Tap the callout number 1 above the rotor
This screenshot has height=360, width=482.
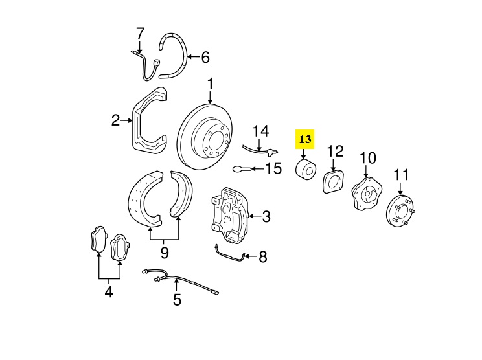211,84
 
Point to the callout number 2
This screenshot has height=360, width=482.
115,120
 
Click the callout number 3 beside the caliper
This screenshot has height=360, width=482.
266,216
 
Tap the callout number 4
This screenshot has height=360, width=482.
108,293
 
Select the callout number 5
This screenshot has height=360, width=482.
177,300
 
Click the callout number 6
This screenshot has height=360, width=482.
205,58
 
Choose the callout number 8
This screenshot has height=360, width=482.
262,258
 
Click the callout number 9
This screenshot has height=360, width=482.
165,251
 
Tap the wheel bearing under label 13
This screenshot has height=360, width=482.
304,170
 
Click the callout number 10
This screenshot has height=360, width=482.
367,157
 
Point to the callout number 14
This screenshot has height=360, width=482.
260,131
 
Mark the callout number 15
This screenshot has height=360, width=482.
273,169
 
